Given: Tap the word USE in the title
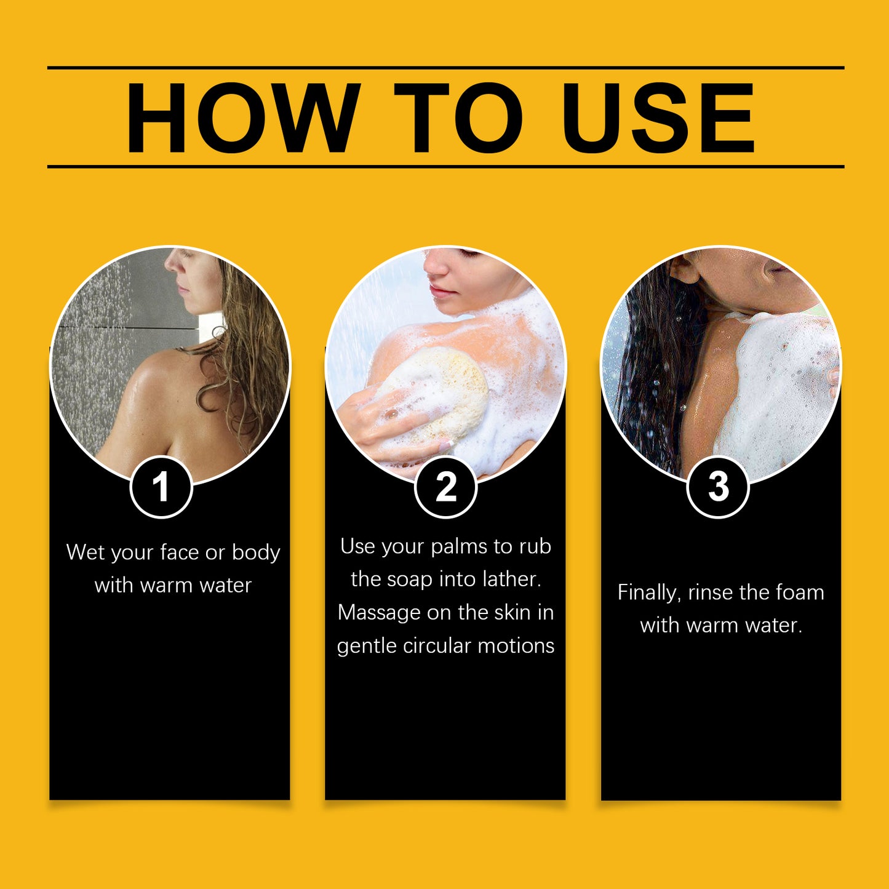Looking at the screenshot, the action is [658, 118].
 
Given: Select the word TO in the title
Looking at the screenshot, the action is [458, 118].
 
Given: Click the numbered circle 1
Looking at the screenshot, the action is [161, 487].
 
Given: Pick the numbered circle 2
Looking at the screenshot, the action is [445, 487].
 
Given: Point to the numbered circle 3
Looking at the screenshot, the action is [718, 487].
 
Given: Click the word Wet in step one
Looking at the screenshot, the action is [86, 552].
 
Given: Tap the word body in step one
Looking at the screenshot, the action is [256, 553].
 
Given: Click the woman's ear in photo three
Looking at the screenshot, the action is [685, 269].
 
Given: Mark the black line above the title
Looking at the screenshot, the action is [445, 68].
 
